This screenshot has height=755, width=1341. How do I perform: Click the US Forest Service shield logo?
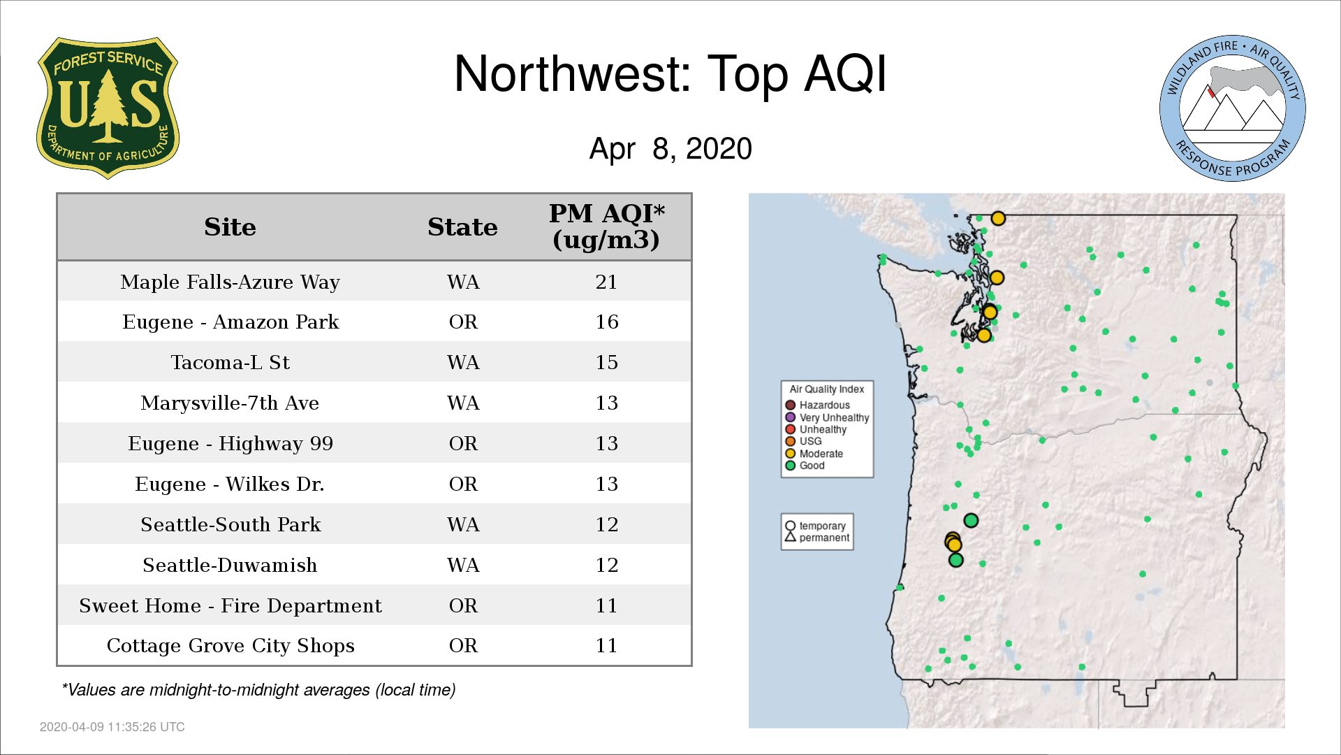coord(108,108)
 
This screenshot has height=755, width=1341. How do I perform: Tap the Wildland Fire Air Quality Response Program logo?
coord(1233,108)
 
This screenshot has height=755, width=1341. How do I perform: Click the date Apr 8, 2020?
coord(670,149)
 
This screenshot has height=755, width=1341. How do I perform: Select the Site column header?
coord(230,227)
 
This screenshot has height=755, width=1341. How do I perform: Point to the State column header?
coord(462,227)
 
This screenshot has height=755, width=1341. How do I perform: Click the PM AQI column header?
coord(606,226)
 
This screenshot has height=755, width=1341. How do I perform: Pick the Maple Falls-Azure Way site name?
coord(230,282)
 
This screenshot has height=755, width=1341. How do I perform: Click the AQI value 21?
coord(606,282)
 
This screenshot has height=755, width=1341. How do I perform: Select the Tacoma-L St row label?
coord(230,362)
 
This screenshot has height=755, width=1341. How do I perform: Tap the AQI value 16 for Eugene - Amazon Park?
coord(606,322)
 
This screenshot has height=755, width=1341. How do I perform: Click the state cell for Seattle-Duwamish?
coord(463,565)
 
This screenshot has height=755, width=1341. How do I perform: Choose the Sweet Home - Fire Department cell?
coord(230,605)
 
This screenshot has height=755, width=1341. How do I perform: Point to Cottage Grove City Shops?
coord(230,645)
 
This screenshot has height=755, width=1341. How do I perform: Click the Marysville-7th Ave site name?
coord(230,403)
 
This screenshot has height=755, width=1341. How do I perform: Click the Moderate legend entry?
coord(814,454)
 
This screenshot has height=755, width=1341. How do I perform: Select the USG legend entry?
coord(803,441)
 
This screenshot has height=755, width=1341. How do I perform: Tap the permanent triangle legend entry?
coord(817,538)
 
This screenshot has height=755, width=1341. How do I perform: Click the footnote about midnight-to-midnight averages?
coord(258,690)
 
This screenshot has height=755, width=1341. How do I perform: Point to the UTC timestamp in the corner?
coord(112,727)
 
